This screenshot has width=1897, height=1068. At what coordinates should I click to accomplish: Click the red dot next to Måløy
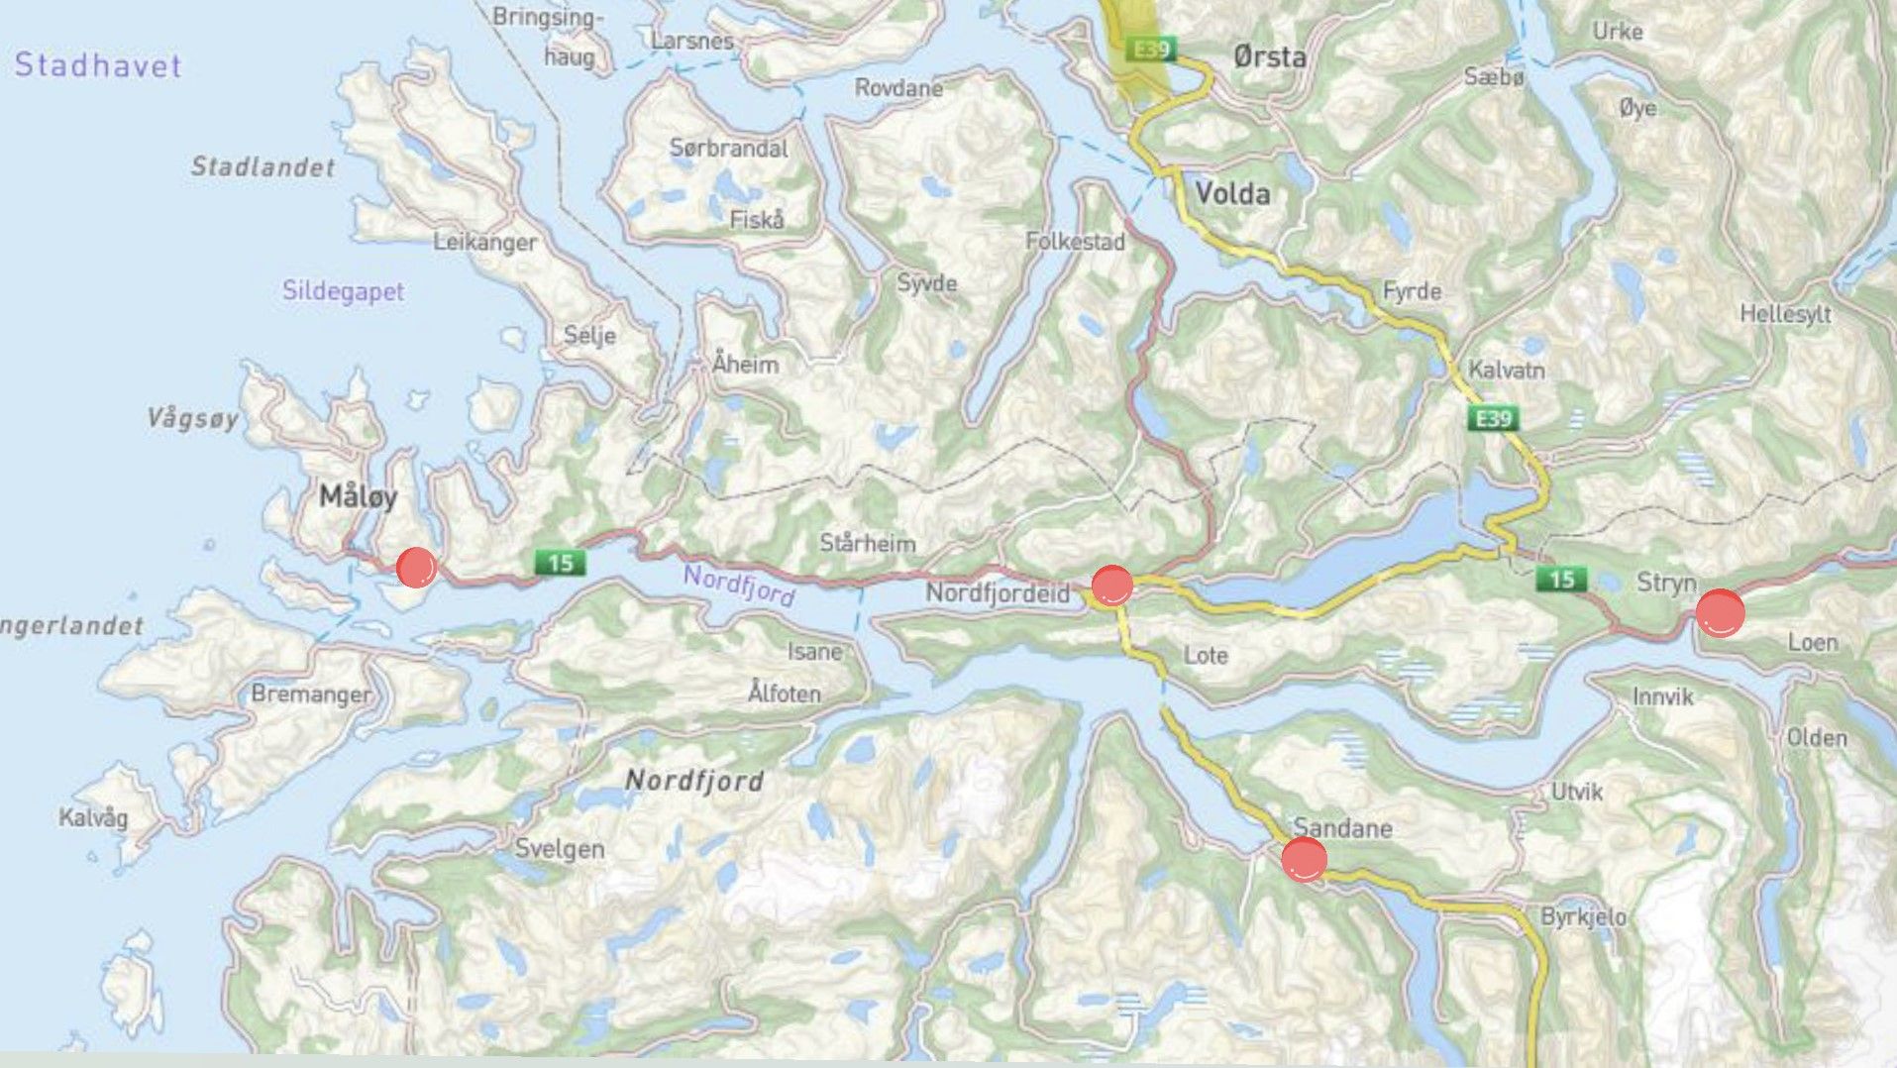[x=416, y=567]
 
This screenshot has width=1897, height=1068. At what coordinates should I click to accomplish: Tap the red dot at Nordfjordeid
[x=1111, y=585]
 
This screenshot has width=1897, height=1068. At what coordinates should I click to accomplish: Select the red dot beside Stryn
[x=1720, y=612]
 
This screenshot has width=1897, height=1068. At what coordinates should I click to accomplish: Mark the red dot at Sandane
[x=1304, y=859]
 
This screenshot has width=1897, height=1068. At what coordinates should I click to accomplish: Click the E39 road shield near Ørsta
[x=1152, y=49]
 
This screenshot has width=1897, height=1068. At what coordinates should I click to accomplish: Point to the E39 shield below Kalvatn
[x=1493, y=418]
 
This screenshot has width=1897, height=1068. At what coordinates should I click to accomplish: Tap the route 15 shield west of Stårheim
[x=560, y=563]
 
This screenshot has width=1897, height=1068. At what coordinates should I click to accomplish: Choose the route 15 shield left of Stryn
[x=1561, y=579]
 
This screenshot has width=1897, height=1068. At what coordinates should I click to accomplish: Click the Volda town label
[x=1232, y=193]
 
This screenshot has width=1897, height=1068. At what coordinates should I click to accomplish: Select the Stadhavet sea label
[x=98, y=65]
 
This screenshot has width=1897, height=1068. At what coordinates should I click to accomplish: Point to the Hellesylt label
[x=1785, y=314]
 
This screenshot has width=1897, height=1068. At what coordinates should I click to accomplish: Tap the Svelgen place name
[x=560, y=849]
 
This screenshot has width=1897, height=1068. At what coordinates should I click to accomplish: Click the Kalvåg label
[x=93, y=817]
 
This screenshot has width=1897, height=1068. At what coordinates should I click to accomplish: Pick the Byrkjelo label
[x=1583, y=916]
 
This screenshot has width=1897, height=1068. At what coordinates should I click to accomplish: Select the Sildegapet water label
[x=343, y=291]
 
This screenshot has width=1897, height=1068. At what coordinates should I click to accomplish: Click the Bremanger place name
[x=311, y=694]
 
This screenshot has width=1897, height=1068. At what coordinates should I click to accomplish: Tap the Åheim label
[x=745, y=364]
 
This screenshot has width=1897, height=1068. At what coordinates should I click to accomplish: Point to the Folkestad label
[x=1075, y=241]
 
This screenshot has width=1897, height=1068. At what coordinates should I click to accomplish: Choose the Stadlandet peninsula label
[x=263, y=166]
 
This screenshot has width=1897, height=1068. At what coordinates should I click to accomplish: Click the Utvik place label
[x=1577, y=792]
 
